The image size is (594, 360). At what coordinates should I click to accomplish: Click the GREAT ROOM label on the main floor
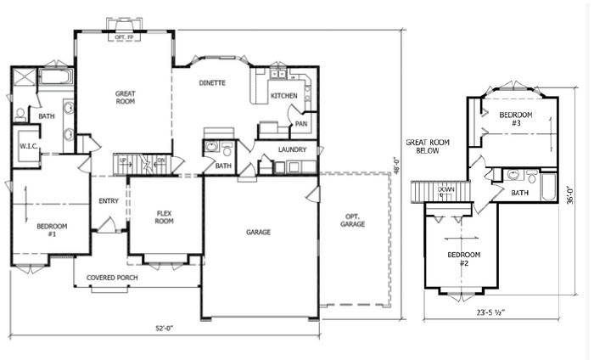(126, 97)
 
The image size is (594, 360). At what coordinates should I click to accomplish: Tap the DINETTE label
(212, 83)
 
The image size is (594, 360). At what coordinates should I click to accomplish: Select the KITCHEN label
(284, 96)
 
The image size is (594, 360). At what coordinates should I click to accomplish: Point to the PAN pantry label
(300, 124)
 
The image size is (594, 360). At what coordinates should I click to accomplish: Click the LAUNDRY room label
(292, 150)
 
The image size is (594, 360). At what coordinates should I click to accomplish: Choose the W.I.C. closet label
(25, 146)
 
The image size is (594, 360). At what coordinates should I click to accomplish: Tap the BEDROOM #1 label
(52, 230)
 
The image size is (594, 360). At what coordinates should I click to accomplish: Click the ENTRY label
(109, 201)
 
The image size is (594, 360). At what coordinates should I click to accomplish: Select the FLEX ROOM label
(165, 217)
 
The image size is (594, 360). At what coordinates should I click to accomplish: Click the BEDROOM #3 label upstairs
(515, 118)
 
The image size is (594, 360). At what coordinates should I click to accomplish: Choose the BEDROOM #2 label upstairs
(464, 259)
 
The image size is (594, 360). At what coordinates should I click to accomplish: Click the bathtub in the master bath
(57, 78)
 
